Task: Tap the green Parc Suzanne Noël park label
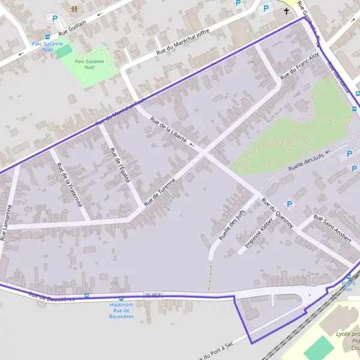click(x=89, y=64)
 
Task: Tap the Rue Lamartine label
click(x=7, y=222)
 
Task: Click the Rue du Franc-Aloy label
click(x=300, y=62)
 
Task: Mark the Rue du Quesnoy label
click(x=277, y=212)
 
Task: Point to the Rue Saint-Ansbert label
click(x=332, y=229)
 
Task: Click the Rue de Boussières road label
click(x=52, y=296)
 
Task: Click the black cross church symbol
click(x=286, y=11)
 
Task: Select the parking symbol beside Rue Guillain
click(x=55, y=19)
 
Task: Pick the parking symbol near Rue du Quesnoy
click(x=290, y=204)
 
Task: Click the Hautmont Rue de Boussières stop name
click(x=121, y=310)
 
